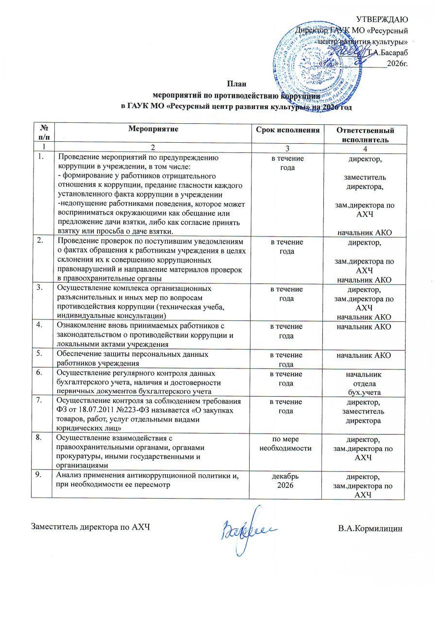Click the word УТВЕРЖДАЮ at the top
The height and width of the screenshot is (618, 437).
click(383, 19)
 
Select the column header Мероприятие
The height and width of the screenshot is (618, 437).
click(153, 129)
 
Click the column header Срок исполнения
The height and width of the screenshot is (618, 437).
click(288, 129)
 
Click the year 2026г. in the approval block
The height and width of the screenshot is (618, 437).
click(397, 62)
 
